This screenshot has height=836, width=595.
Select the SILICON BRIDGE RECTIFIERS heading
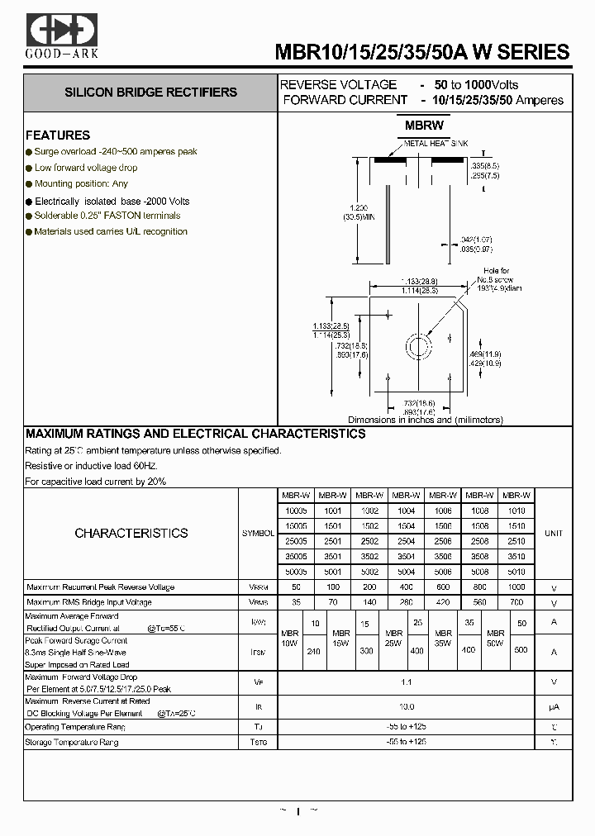coord(150,93)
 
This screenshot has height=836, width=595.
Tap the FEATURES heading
coord(58,135)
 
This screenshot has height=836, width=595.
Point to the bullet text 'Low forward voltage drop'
coord(86,168)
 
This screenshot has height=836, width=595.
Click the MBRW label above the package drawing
coord(424,126)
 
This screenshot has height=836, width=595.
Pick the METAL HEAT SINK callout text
coord(436,144)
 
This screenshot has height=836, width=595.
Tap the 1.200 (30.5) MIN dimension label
coord(357,211)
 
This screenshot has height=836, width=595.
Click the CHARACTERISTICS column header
coord(131,534)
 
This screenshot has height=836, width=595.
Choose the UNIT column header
coord(553,534)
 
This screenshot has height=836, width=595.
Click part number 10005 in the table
coord(295,511)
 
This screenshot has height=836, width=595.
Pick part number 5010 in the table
coord(516,572)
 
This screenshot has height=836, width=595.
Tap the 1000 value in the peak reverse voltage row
coord(516,587)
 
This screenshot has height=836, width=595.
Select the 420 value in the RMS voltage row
coord(442,602)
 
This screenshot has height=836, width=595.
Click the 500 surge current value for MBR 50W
coord(521,650)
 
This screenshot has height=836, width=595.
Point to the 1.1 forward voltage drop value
coord(406,682)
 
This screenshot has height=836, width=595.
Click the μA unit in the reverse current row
coord(554,707)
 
